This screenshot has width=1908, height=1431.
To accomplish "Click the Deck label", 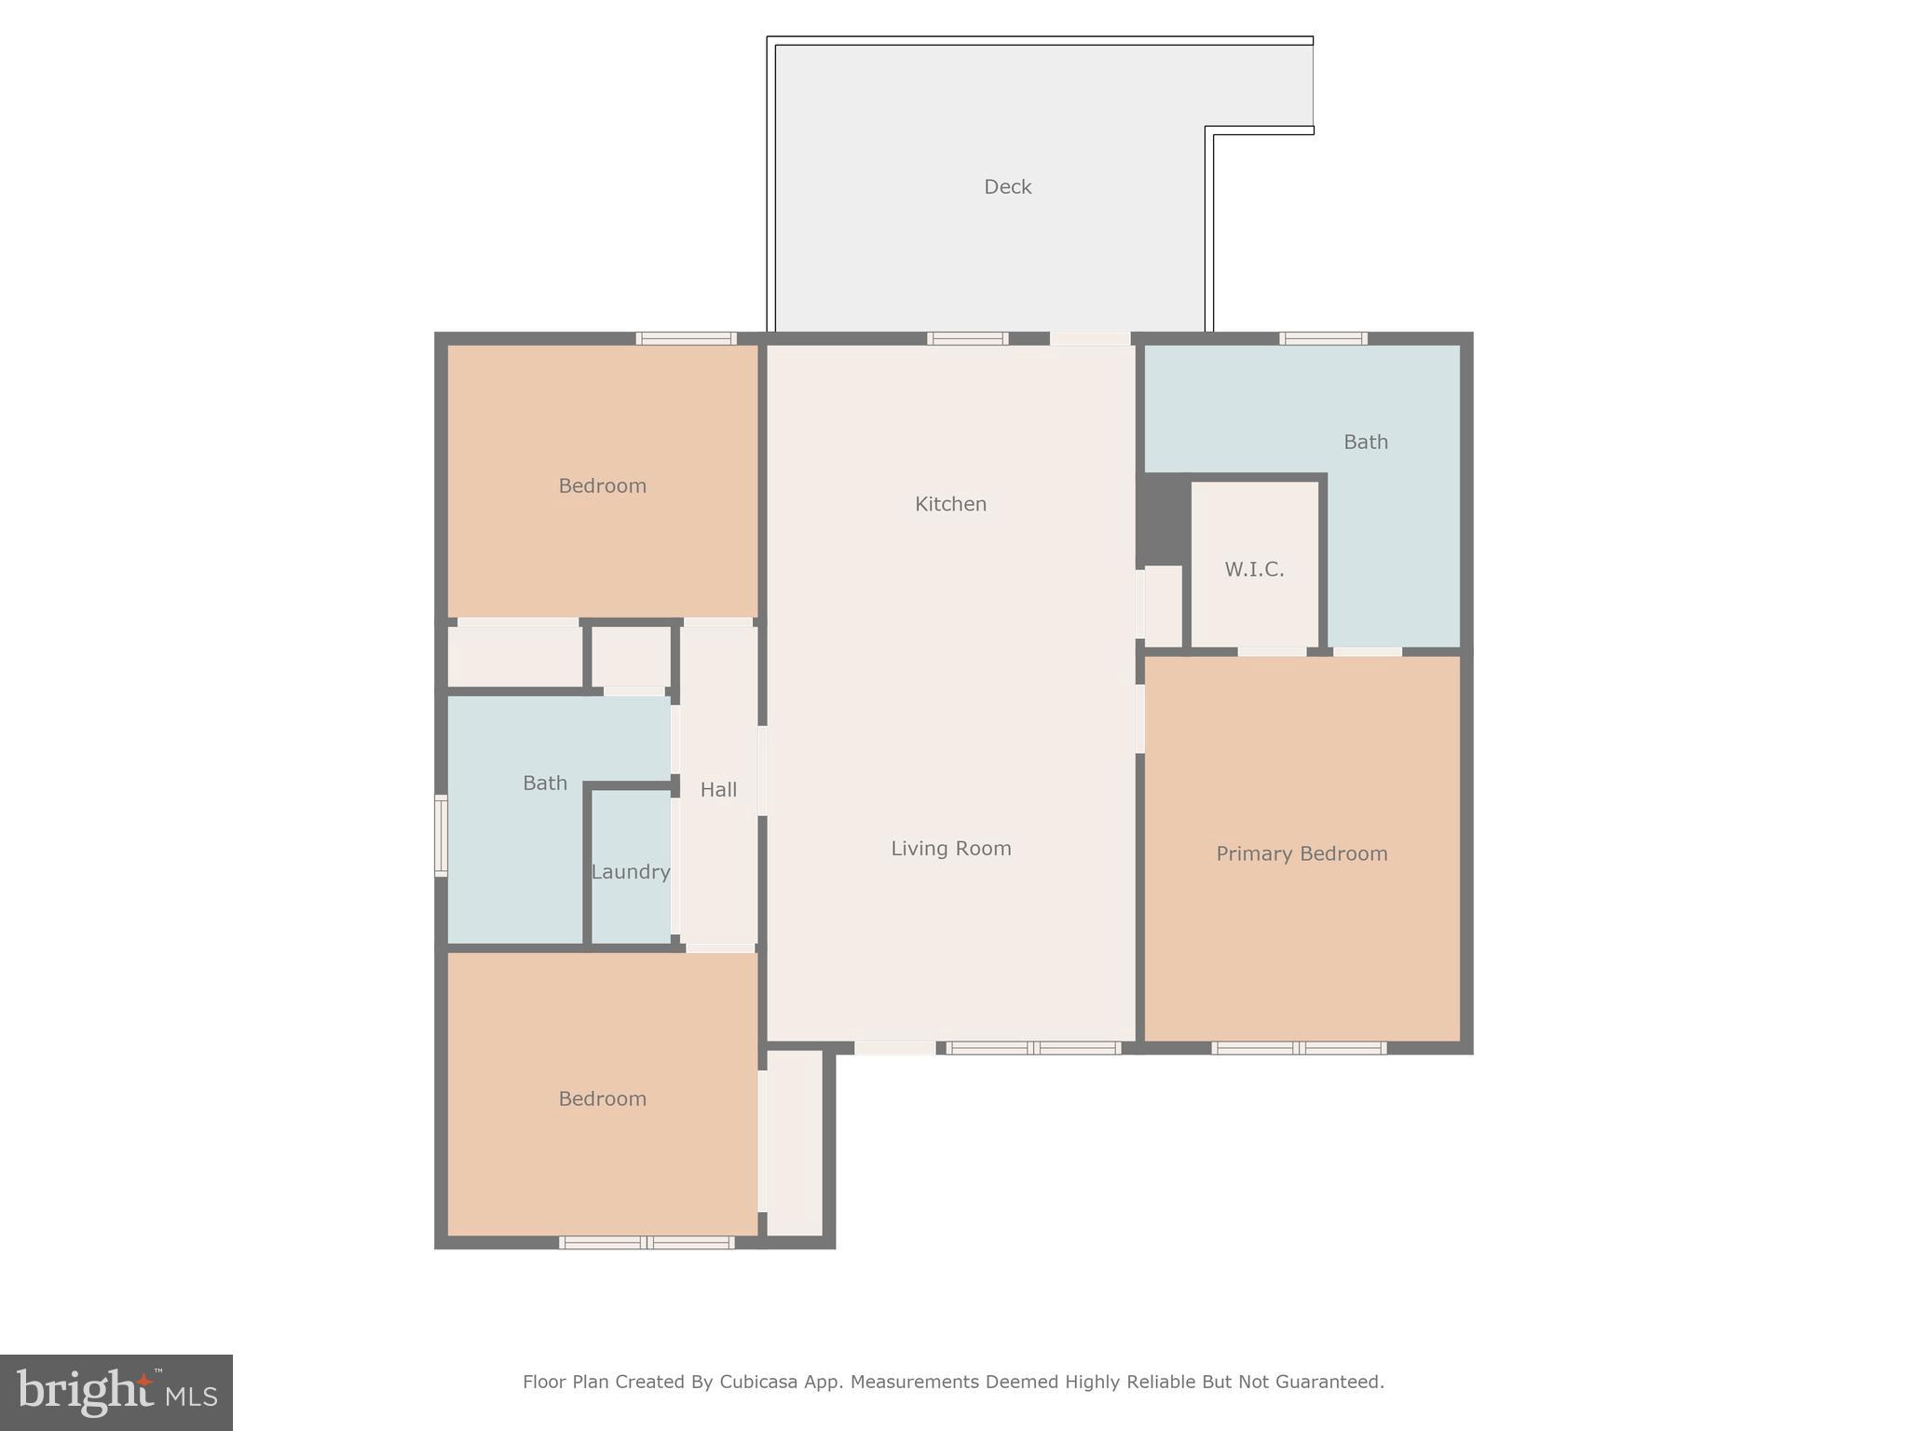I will pos(1007,187).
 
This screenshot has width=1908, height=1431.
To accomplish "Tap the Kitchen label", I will pos(950,504).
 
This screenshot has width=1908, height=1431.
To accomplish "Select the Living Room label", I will pos(950,849).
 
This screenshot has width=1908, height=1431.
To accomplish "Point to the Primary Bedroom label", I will pos(1302,854).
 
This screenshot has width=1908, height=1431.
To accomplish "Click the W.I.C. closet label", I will pos(1254,570).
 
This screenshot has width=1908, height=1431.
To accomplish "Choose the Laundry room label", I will pos(631,873).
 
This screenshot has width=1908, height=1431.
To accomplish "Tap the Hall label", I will pos(718,790).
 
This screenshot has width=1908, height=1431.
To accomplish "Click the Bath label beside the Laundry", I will pos(545,784).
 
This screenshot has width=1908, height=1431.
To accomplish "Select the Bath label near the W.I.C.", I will pos(1365,443).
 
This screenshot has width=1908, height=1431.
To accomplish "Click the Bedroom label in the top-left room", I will pos(602,486).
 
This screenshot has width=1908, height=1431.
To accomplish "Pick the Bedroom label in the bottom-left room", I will pos(602,1099).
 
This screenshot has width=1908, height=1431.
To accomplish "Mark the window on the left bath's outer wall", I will pos(441,836).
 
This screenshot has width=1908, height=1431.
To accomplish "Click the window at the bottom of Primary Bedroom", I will pos(1299,1048).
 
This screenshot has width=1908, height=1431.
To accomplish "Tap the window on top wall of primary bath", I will pos(1323,339).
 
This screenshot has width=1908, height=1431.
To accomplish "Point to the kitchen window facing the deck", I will pos(967,339).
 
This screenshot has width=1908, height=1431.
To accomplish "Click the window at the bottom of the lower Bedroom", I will pos(647,1243).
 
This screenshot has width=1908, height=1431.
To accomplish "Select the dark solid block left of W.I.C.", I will pos(1163,518).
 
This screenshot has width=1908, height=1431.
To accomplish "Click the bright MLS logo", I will pos(116,1393).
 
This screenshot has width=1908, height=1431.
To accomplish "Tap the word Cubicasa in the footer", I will pos(757,1382).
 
